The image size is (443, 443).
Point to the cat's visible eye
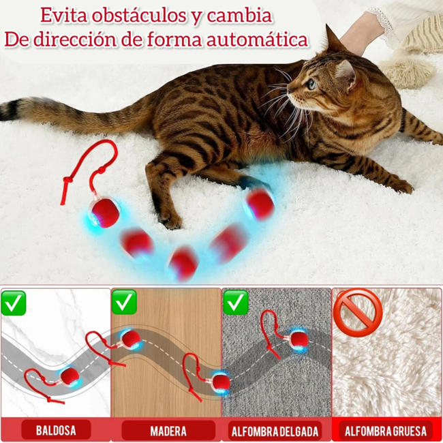(311, 83)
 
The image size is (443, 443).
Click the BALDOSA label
(57, 431)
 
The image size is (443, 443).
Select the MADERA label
(168, 431)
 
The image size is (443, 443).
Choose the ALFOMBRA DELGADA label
(275, 431)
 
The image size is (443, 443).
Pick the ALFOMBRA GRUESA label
(386, 431)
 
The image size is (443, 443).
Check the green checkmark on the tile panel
(14, 303)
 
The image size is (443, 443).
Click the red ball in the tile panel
(69, 376)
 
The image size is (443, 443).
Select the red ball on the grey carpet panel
(297, 339)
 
